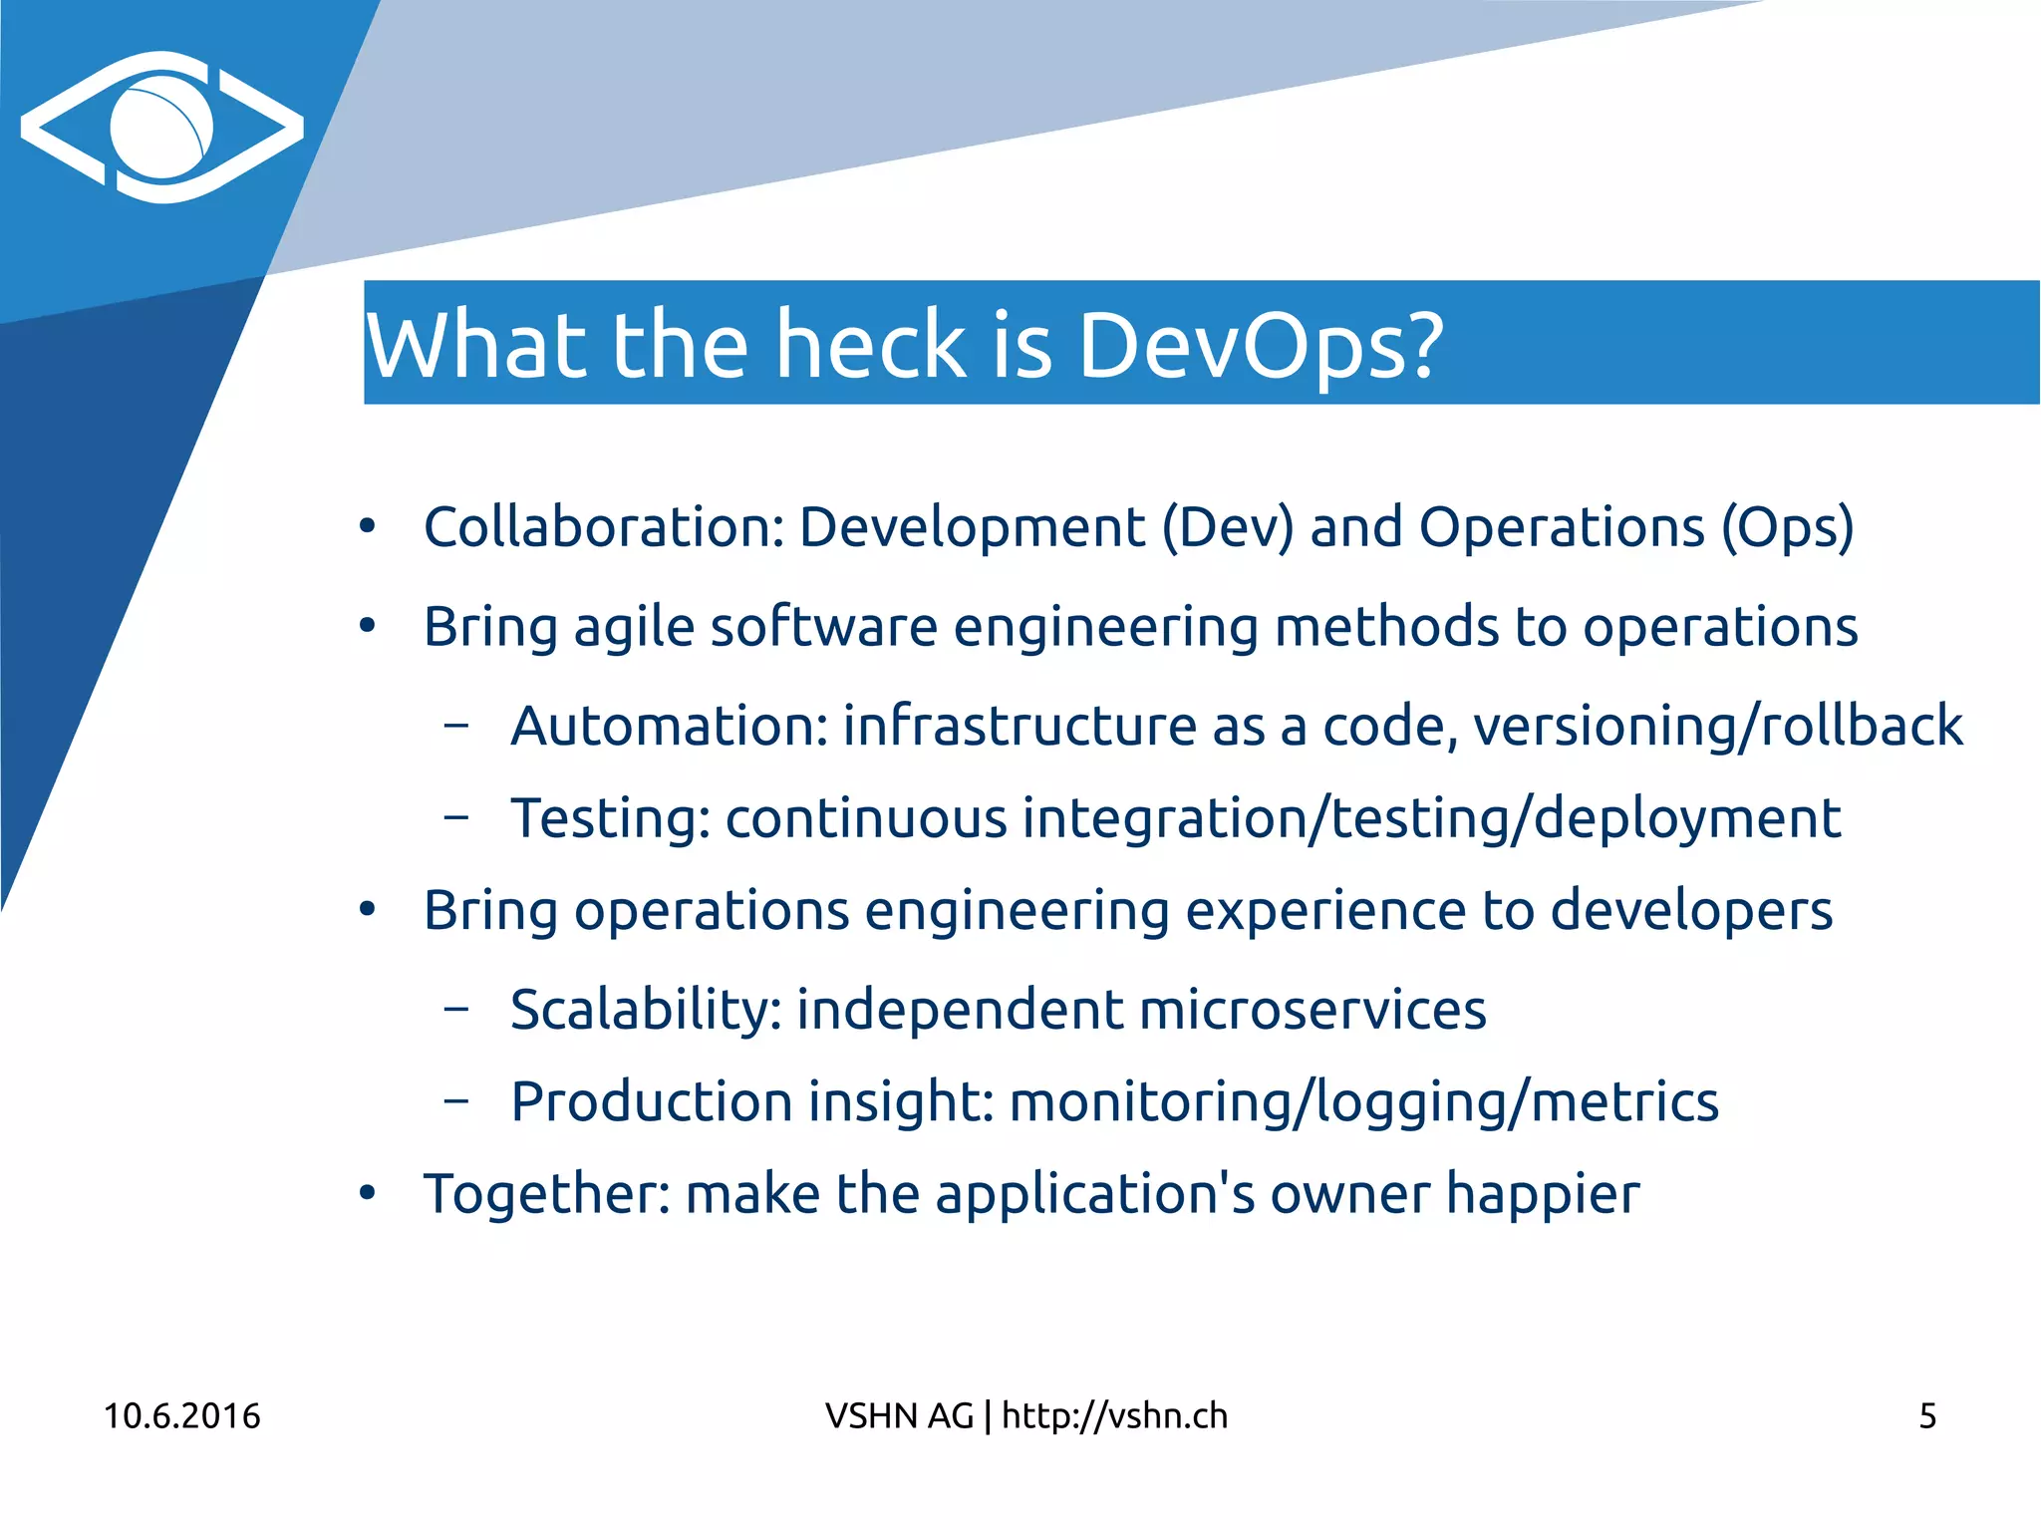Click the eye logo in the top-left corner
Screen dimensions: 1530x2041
pos(161,128)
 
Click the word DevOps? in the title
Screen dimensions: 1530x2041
pos(1260,345)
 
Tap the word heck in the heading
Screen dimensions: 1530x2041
pos(871,345)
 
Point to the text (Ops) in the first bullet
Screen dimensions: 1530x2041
pos(1788,528)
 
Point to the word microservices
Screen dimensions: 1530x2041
pos(1312,1010)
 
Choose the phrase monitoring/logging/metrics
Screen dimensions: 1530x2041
pos(1363,1102)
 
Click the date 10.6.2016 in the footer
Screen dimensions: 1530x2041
pos(181,1416)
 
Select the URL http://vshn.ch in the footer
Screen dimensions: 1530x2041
pos(1114,1416)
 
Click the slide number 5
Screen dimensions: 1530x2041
pos(1927,1416)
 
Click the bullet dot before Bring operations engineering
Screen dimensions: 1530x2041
pos(368,910)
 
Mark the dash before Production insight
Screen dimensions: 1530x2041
pos(456,1100)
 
